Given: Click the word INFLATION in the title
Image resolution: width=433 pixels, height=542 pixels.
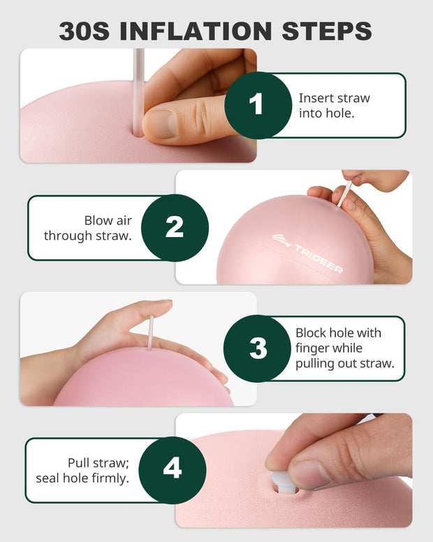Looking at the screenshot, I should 203,30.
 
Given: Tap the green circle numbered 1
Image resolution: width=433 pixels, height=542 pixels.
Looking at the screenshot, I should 257,106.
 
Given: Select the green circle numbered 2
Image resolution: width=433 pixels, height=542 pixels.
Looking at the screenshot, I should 175,227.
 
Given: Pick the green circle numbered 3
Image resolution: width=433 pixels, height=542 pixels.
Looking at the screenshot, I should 258,348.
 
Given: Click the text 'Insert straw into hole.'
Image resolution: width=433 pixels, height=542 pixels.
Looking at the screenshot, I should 334,105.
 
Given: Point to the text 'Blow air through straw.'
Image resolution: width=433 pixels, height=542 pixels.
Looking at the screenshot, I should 87,228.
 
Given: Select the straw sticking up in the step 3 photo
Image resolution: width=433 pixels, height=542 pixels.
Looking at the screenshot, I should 150,333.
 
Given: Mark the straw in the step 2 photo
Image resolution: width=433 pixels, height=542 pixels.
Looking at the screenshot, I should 345,194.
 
